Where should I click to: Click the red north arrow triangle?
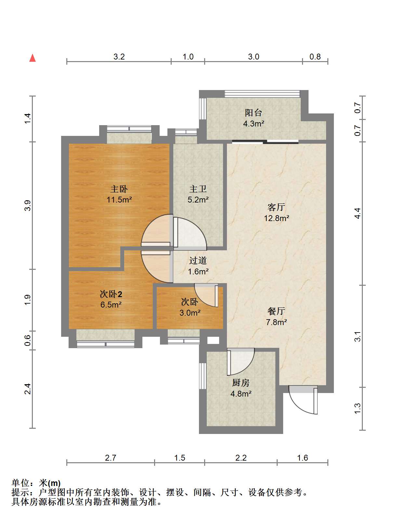(x=33, y=58)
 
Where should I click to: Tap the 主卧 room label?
(x=119, y=189)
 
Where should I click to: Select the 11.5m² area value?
(x=119, y=200)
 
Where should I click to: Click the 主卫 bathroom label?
(x=198, y=189)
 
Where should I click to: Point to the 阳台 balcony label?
(x=254, y=113)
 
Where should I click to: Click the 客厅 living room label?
(x=276, y=207)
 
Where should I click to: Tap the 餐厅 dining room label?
(x=276, y=311)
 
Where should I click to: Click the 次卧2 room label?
(x=111, y=294)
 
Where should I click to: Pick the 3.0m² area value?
(x=190, y=313)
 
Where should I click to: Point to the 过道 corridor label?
(x=198, y=261)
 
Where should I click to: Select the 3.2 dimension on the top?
(x=119, y=57)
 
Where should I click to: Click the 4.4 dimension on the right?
(x=357, y=213)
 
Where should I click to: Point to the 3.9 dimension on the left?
(x=28, y=205)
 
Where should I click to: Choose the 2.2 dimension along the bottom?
(x=241, y=458)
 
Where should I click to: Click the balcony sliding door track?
(x=265, y=142)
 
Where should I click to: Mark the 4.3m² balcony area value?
(x=254, y=124)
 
